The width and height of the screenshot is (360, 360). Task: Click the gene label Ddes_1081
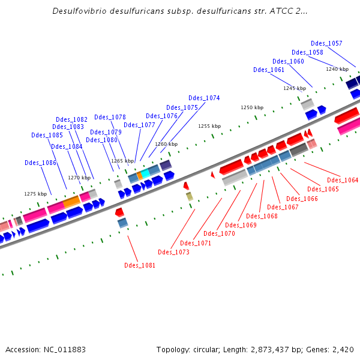[140, 265]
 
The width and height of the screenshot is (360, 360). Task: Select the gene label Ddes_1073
[173, 252]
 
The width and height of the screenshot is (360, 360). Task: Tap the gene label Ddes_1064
[343, 180]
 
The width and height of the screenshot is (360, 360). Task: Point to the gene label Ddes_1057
[326, 43]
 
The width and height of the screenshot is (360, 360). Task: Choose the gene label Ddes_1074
[204, 98]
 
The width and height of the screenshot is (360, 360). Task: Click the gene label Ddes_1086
[40, 163]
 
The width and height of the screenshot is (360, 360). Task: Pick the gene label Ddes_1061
[269, 70]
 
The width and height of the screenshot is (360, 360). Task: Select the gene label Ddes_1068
[262, 216]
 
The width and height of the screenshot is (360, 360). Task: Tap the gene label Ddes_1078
[110, 117]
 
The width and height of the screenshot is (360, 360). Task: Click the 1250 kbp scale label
[252, 107]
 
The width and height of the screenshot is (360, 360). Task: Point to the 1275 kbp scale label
[35, 194]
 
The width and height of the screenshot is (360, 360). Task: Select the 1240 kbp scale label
[337, 69]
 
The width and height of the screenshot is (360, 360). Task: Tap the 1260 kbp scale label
[166, 144]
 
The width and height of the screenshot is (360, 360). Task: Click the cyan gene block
[145, 173]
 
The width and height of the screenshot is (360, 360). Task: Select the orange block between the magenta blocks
[71, 201]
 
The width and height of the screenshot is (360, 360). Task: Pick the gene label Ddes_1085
[47, 135]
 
